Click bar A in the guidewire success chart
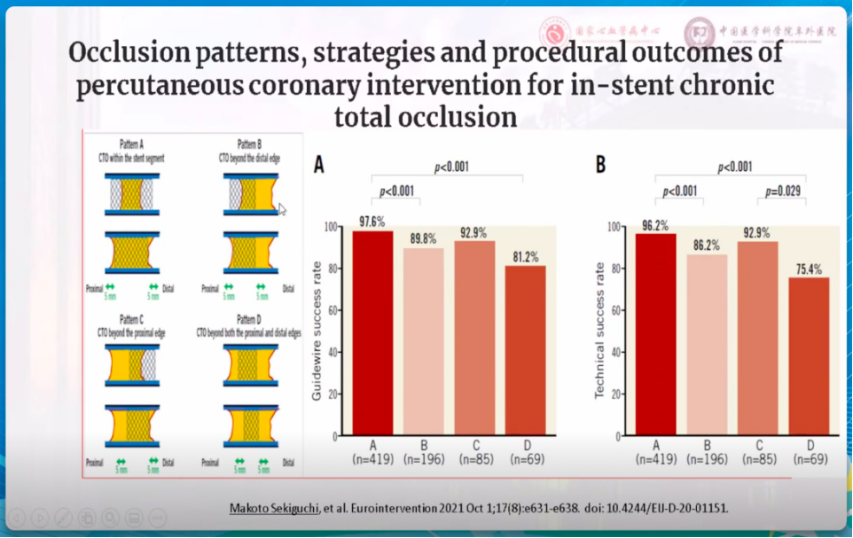tap(372, 333)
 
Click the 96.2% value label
tap(655, 225)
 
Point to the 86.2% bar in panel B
tap(706, 345)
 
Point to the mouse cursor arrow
tap(283, 210)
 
